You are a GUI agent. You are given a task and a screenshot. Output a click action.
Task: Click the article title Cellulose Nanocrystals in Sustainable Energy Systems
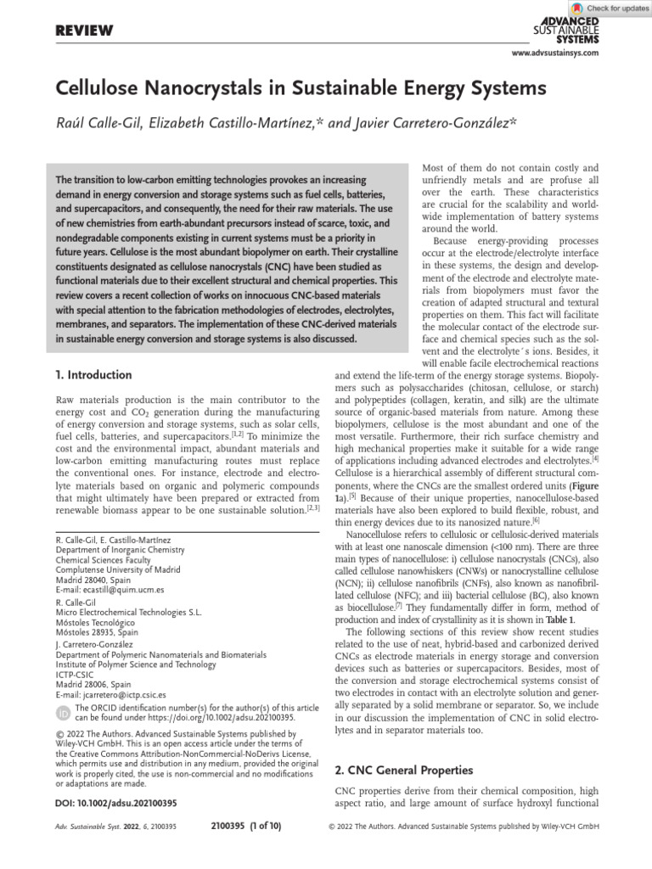click(301, 88)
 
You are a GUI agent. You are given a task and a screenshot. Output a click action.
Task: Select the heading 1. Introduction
click(93, 374)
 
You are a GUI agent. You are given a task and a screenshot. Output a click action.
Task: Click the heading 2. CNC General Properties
click(404, 771)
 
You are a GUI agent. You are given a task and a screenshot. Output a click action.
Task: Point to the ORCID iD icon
click(64, 712)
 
